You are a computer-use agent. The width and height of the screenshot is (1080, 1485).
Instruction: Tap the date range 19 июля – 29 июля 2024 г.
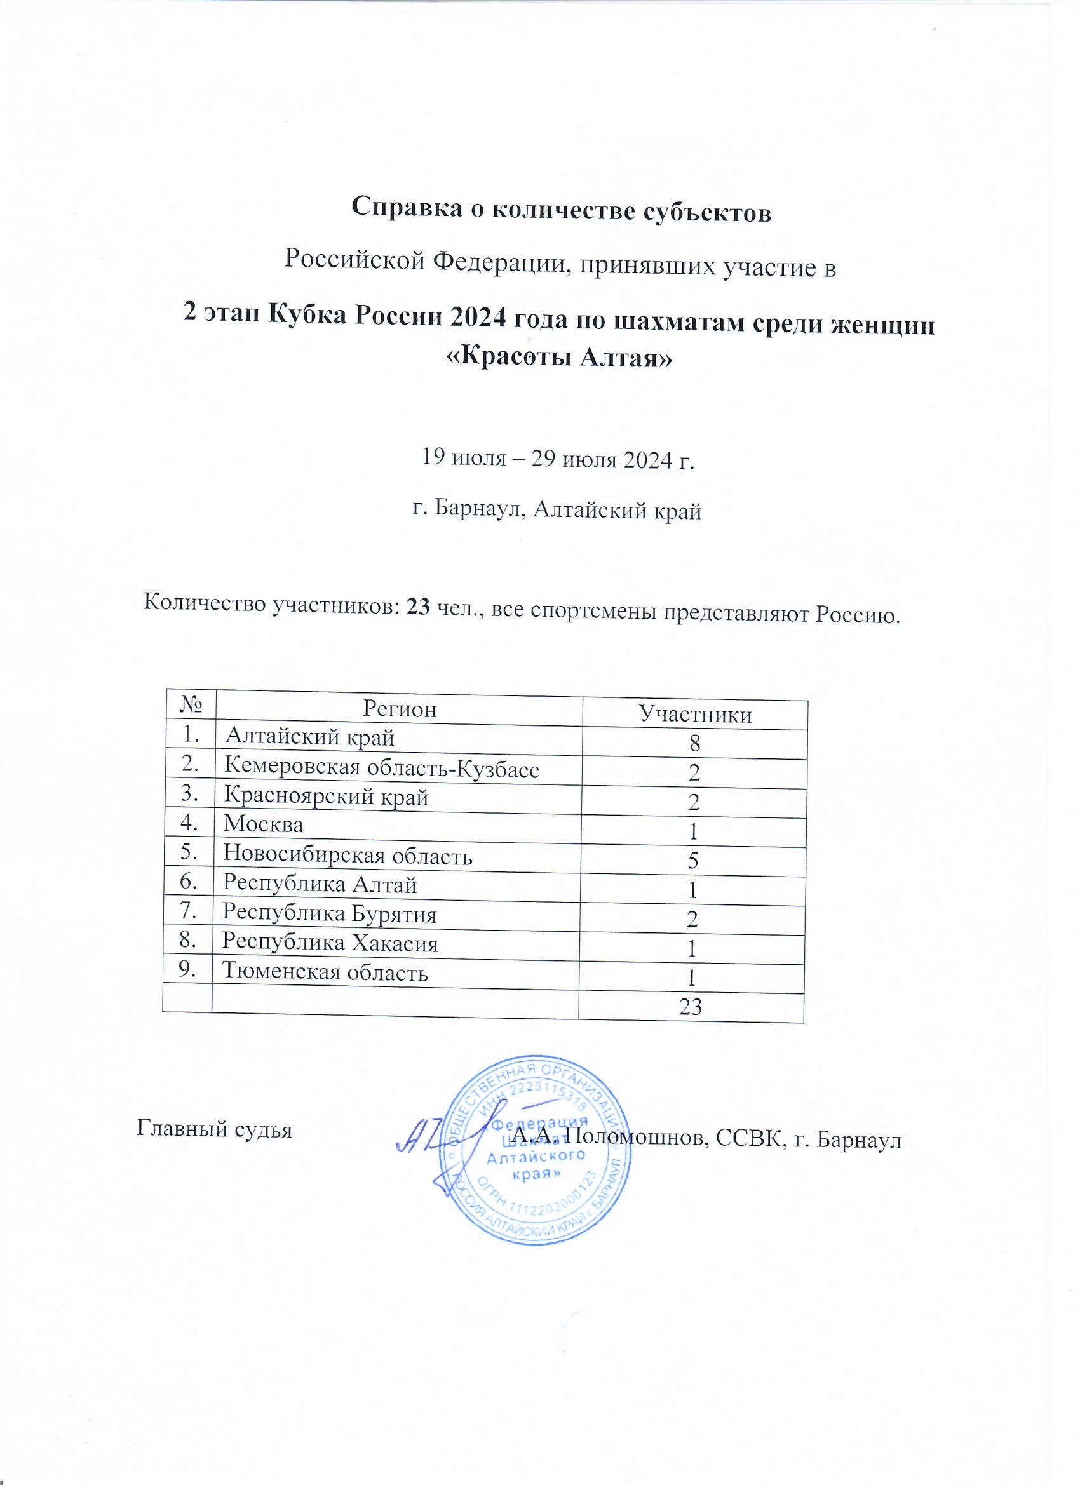coord(557,459)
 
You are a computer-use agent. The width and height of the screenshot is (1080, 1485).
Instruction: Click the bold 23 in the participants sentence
coord(419,607)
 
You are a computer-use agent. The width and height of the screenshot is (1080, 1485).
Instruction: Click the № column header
coord(191,704)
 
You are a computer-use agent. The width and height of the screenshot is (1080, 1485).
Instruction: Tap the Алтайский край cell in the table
coord(310,738)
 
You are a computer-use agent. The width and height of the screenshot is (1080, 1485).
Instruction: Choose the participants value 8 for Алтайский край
coord(694,743)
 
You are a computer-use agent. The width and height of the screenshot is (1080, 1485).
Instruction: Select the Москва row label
coord(264,824)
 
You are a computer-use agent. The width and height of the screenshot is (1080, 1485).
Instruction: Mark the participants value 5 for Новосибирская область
coord(693,861)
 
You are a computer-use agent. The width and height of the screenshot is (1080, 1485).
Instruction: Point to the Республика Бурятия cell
coord(330,913)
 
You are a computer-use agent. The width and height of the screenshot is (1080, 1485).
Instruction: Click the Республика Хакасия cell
coord(330,942)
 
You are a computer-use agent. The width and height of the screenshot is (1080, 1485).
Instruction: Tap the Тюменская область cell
coord(325,972)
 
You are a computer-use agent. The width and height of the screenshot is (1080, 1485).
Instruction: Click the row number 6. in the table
coord(187,882)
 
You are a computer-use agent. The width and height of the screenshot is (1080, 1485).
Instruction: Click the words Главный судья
coord(214,1129)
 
